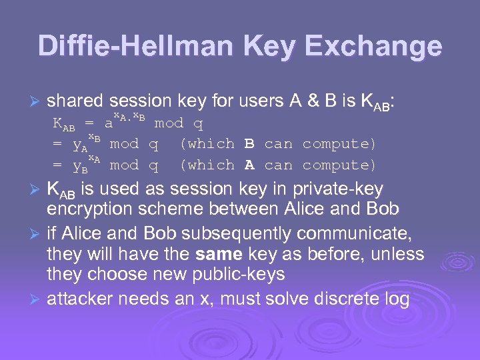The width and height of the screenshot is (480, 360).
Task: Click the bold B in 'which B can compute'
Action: (249, 143)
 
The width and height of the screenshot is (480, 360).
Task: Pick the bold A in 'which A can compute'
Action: (249, 165)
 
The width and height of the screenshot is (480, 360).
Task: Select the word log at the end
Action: (397, 299)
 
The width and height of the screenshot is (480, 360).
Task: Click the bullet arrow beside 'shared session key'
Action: (37, 101)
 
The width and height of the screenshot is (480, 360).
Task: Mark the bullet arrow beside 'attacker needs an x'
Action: (37, 299)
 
